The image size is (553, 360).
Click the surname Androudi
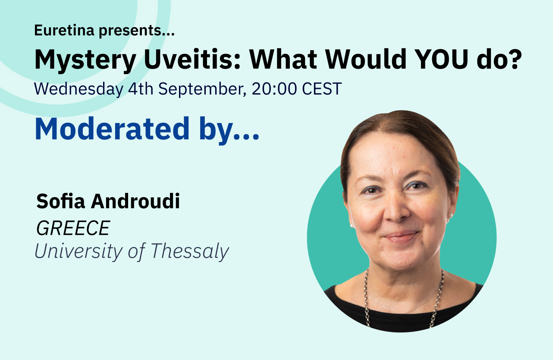[x=138, y=201]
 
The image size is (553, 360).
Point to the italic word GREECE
[x=73, y=228]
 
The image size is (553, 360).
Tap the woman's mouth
[x=401, y=236]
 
